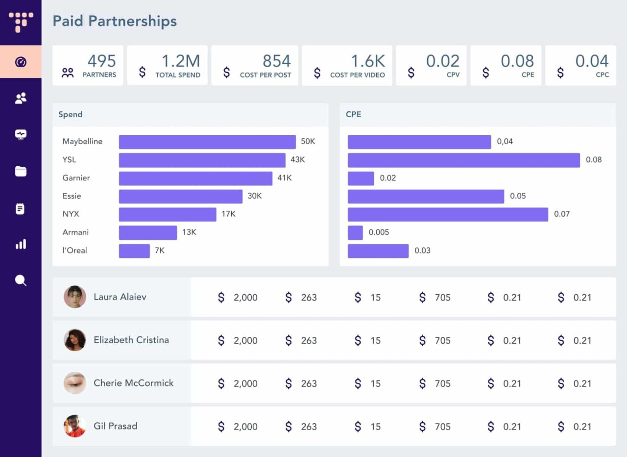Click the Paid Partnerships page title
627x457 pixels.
click(x=115, y=21)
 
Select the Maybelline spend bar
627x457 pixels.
click(x=207, y=142)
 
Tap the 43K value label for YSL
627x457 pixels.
click(x=298, y=160)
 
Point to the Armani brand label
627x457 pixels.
click(x=75, y=232)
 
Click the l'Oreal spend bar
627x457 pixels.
click(x=134, y=251)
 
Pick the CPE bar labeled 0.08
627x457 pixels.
click(x=463, y=160)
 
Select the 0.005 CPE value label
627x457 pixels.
click(x=379, y=232)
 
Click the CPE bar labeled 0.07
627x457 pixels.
click(x=448, y=214)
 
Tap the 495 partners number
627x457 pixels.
click(x=102, y=61)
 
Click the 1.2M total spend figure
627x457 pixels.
click(x=181, y=61)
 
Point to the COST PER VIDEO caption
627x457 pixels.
click(x=358, y=75)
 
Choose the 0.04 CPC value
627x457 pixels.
click(x=592, y=61)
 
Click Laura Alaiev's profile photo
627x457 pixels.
click(x=75, y=297)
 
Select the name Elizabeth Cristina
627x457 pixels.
click(x=131, y=340)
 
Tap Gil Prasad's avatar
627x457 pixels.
click(x=75, y=426)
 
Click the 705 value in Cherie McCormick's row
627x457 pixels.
click(x=442, y=383)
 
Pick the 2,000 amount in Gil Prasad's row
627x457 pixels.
click(x=245, y=427)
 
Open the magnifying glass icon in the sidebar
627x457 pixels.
click(x=21, y=280)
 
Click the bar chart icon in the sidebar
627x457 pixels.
click(x=21, y=244)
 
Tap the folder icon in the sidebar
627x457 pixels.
click(x=21, y=171)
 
